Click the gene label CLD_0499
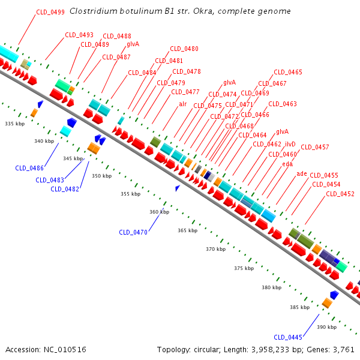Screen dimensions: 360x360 50,12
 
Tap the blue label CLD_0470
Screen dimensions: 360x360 133,232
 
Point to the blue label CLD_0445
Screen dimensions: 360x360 288,337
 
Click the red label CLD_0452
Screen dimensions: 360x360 340,194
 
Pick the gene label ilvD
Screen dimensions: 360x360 290,144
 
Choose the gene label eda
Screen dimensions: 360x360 287,164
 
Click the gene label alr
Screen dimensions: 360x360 182,104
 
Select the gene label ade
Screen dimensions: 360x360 301,173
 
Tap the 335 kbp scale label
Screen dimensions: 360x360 14,124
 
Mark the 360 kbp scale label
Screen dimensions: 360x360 159,212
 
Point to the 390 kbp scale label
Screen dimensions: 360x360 326,327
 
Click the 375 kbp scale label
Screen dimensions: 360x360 244,268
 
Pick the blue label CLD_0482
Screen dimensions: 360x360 65,189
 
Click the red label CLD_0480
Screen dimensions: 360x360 184,49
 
